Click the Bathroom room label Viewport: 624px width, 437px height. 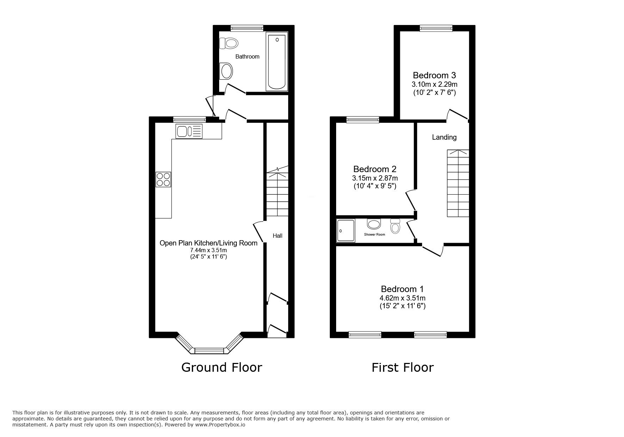247,56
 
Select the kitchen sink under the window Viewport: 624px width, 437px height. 189,132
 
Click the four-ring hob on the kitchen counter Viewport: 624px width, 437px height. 163,179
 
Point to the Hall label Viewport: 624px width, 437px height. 277,236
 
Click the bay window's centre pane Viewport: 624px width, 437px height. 209,350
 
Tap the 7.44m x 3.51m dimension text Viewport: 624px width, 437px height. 208,250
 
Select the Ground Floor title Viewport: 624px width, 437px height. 222,368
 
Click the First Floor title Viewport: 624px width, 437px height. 402,368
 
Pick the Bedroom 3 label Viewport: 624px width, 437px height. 434,75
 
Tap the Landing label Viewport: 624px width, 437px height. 444,137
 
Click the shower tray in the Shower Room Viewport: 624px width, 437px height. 346,231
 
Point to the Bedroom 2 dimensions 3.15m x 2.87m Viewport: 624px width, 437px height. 375,178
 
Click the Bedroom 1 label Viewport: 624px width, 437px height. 402,289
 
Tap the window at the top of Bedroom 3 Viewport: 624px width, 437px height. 436,29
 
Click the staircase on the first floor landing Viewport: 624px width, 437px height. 458,183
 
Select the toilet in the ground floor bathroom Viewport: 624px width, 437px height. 229,43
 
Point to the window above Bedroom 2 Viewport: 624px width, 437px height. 363,120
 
